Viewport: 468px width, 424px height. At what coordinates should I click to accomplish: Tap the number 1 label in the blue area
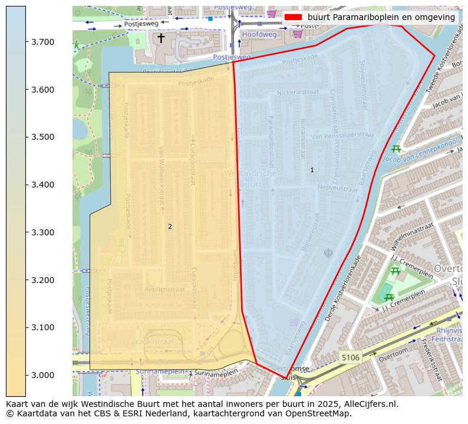point(312,170)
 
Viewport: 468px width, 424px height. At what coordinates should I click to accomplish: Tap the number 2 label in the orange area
point(170,226)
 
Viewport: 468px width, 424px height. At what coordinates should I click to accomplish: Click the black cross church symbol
point(160,38)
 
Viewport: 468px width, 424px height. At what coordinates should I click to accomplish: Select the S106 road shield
point(350,357)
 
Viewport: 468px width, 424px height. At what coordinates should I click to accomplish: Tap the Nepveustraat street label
point(338,189)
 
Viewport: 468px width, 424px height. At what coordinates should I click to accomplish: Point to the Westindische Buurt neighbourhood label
point(250,179)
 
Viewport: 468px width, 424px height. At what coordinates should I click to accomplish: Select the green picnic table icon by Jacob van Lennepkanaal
point(396,149)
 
